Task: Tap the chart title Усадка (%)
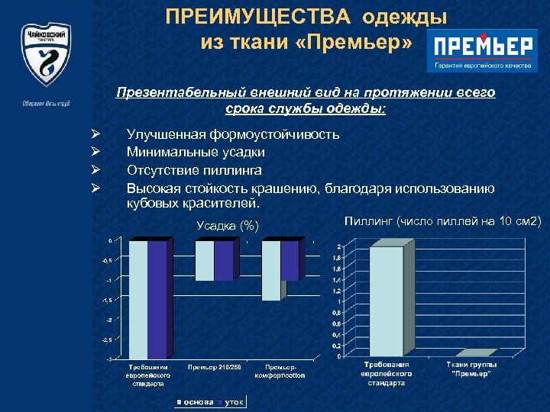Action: [228, 225]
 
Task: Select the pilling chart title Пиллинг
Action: [370, 221]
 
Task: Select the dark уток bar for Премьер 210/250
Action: [224, 261]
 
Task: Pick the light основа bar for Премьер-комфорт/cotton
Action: [270, 271]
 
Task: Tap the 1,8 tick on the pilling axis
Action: [336, 259]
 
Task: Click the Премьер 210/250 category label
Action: [215, 369]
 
